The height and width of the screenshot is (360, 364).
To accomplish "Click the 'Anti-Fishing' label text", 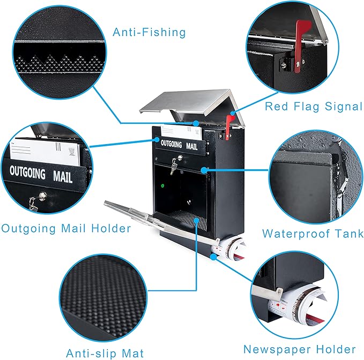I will [x=149, y=32].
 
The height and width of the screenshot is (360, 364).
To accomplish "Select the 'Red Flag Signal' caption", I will [x=314, y=106].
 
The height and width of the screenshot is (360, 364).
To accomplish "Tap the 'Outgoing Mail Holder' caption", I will [x=66, y=229].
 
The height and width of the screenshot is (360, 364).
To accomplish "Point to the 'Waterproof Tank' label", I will [x=313, y=234].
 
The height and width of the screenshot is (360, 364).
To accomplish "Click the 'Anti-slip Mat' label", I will [x=105, y=353].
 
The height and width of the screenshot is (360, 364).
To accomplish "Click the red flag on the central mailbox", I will [x=229, y=126].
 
